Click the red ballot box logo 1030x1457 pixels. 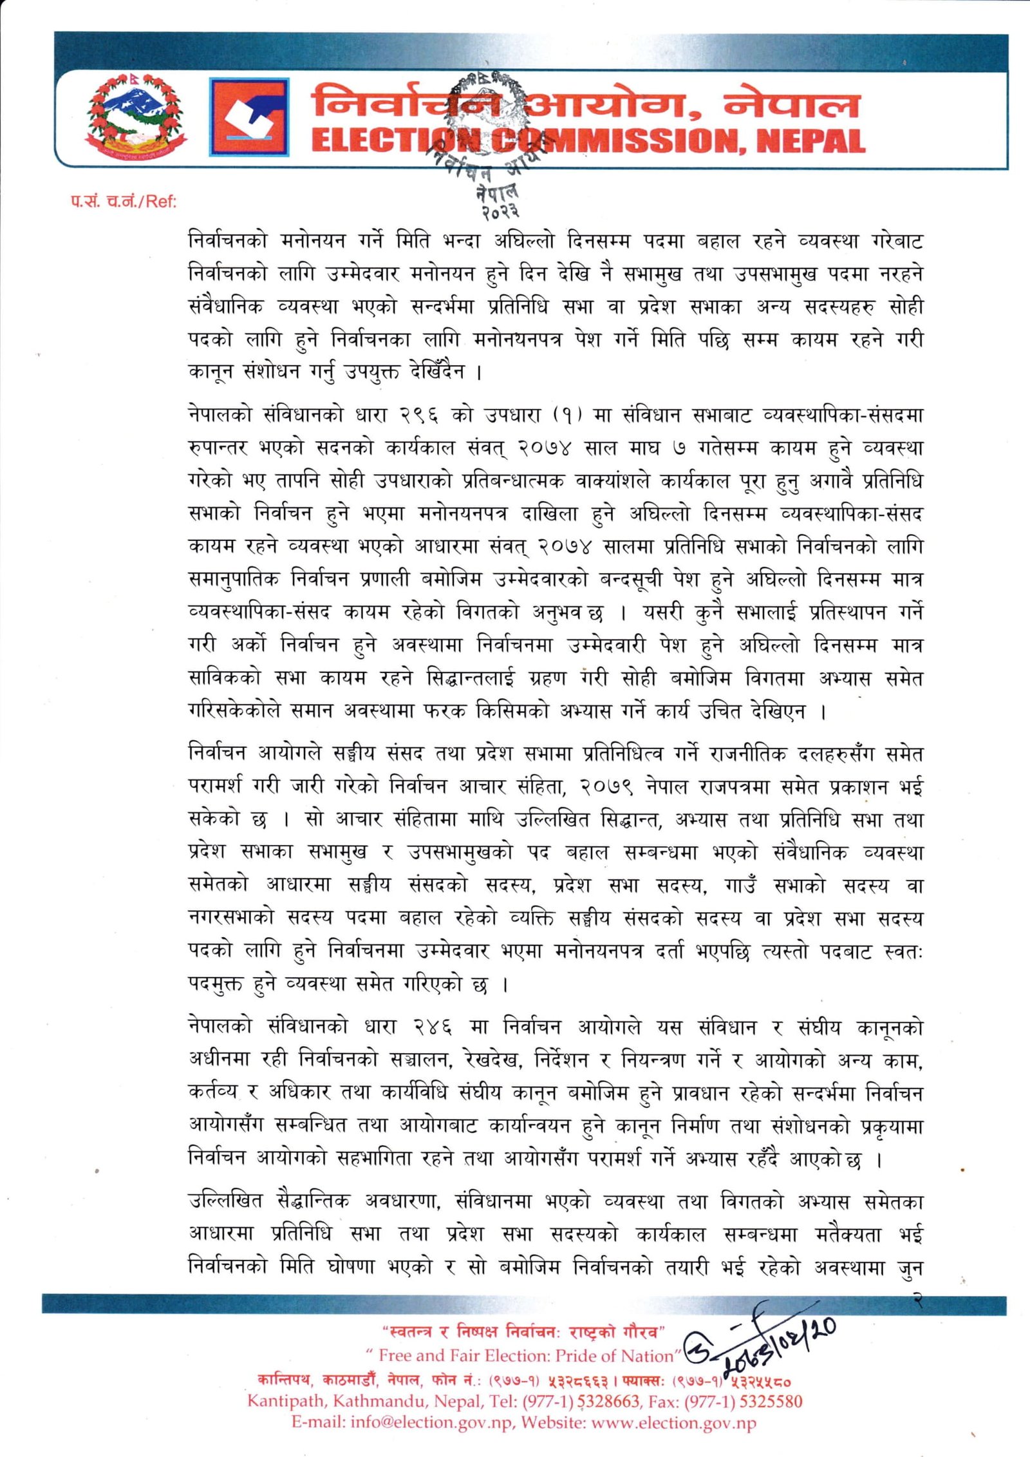(x=248, y=117)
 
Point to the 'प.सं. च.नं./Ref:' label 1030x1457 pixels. (x=124, y=202)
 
